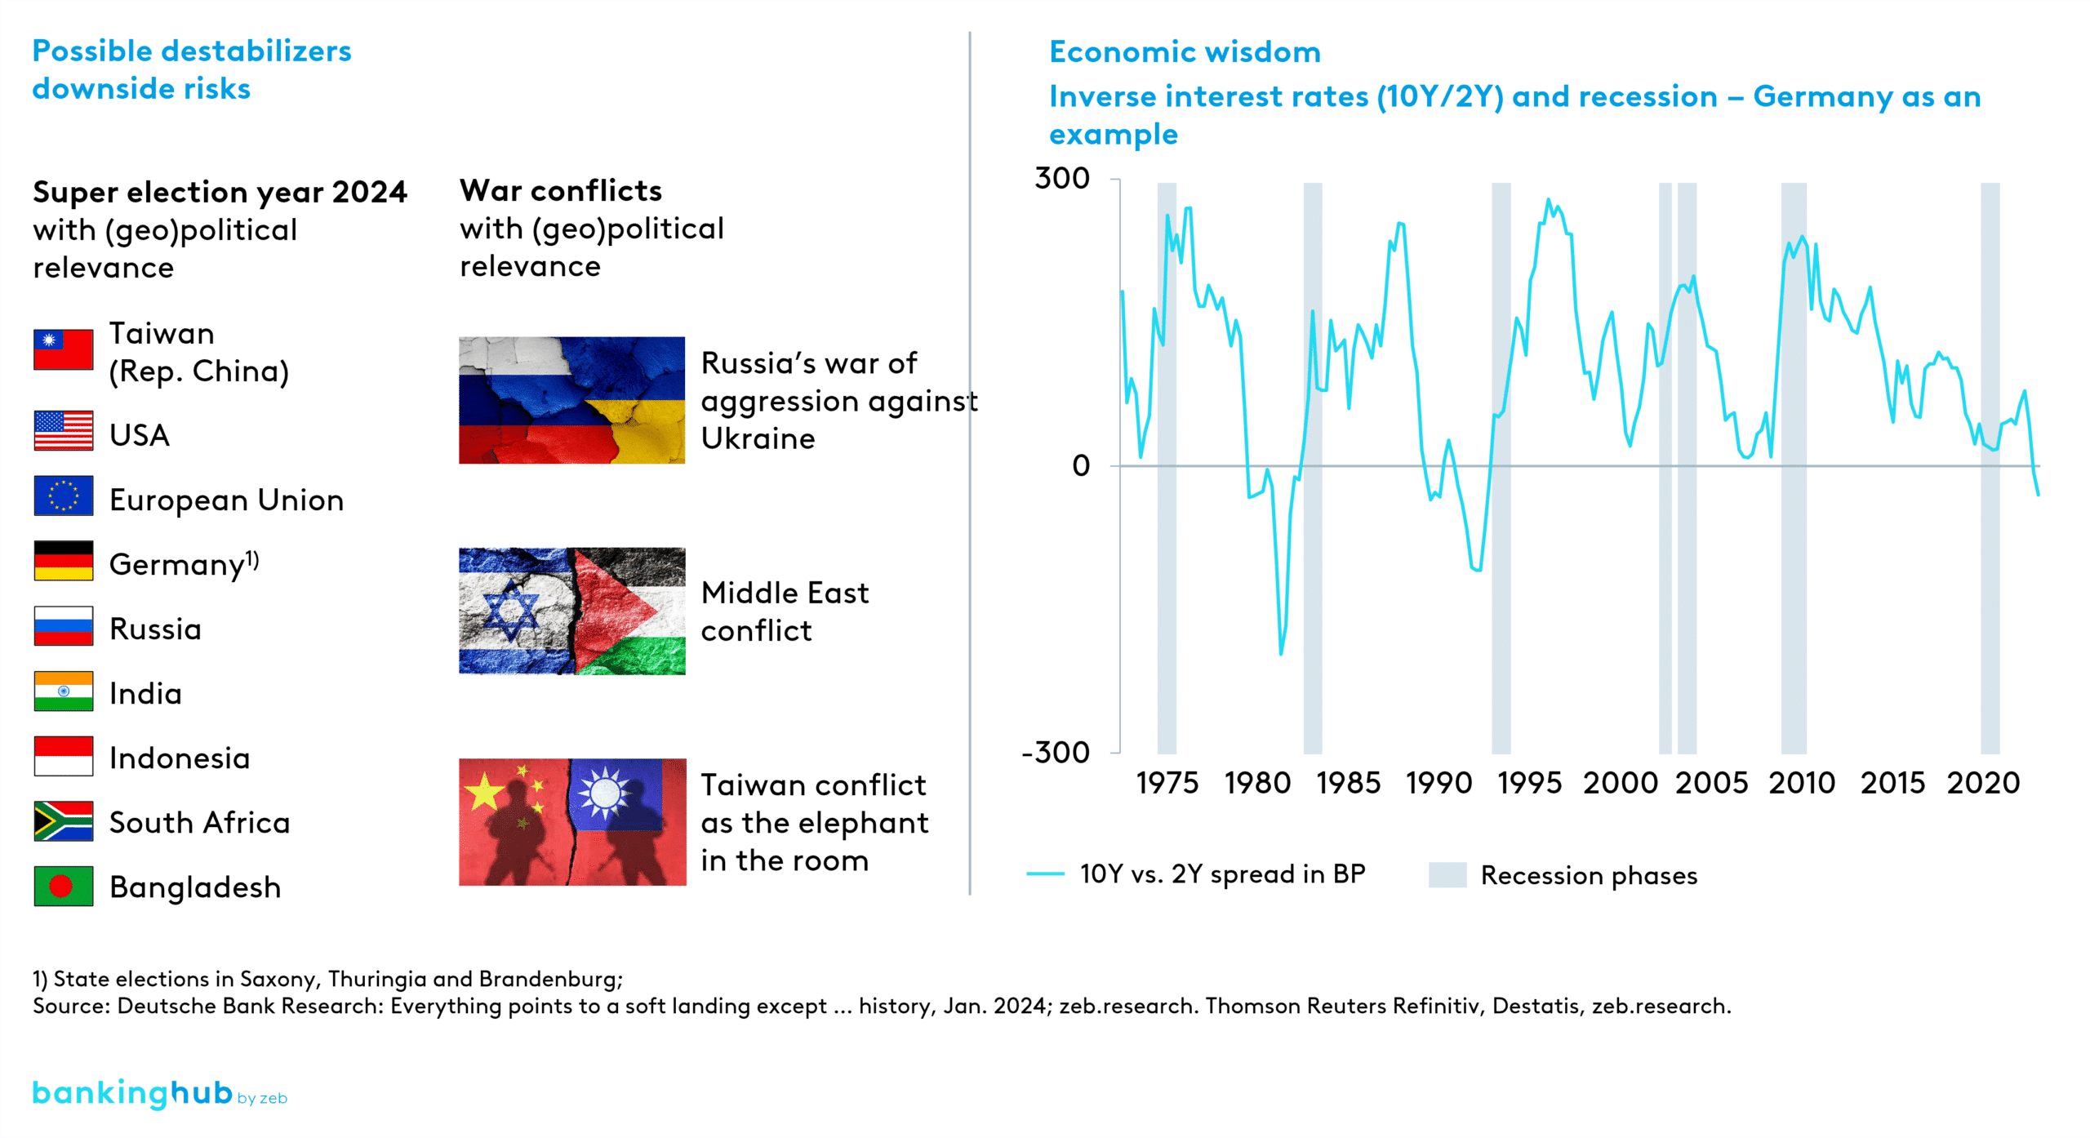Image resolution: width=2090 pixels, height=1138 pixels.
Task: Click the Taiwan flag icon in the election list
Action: (x=63, y=349)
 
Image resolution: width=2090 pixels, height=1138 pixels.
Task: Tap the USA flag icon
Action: (x=63, y=430)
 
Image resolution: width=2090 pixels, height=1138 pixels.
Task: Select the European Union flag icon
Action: (x=63, y=496)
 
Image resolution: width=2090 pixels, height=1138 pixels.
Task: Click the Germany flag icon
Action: (x=63, y=561)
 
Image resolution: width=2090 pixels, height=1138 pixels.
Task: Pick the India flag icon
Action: (x=63, y=691)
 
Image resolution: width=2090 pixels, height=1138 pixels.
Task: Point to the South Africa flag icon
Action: (x=63, y=820)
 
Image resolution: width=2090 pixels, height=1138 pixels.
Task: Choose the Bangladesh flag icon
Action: (x=63, y=886)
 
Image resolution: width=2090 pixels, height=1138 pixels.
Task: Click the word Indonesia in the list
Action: (x=180, y=758)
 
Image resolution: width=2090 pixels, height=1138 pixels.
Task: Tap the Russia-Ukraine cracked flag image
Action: (x=571, y=400)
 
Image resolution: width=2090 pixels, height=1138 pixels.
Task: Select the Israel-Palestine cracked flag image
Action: (x=571, y=611)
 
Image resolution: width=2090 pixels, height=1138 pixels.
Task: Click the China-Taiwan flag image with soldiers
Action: (x=571, y=822)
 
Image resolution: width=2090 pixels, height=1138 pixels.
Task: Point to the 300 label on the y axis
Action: (x=1061, y=178)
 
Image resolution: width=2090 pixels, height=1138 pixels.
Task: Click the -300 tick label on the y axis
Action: (x=1056, y=752)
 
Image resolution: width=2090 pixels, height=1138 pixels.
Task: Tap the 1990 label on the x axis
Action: (x=1439, y=783)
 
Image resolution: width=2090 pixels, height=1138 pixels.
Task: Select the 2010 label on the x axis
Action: (x=1802, y=783)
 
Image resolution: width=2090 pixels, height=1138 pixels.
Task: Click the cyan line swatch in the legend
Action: (x=1045, y=874)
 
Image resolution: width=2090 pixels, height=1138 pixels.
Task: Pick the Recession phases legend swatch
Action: (x=1447, y=874)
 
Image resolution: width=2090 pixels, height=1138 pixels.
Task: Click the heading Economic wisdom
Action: (x=1185, y=52)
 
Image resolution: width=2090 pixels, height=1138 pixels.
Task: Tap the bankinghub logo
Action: (x=132, y=1093)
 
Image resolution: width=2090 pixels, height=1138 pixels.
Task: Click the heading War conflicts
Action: (x=561, y=191)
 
